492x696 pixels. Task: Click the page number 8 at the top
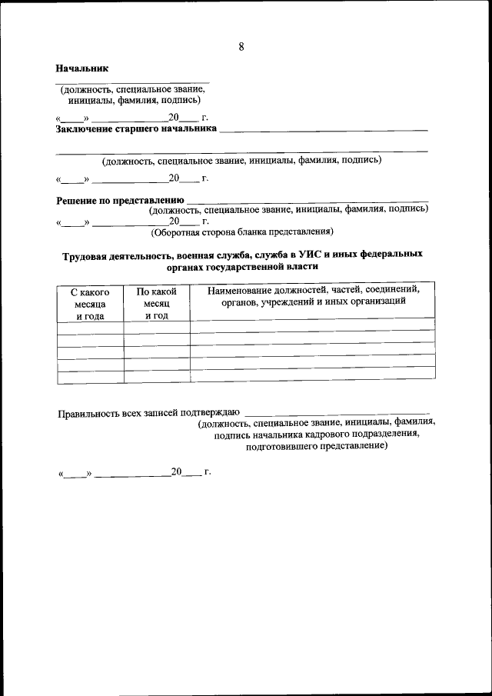[241, 47]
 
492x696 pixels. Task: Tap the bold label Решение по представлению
[120, 201]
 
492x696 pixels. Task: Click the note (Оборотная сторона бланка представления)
[241, 231]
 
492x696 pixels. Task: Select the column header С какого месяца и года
[90, 303]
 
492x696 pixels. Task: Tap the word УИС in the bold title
[304, 254]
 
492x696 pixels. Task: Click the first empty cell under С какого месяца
[90, 328]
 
